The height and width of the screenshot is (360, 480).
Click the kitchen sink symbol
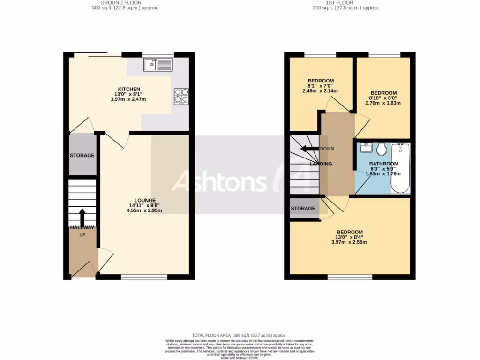point(158,65)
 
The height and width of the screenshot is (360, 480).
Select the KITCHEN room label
point(129,89)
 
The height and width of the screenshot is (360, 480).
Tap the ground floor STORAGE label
point(82,155)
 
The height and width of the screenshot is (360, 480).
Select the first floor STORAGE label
point(303,208)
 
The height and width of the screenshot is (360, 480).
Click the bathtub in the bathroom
point(400,169)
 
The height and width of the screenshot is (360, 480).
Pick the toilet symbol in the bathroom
point(382,149)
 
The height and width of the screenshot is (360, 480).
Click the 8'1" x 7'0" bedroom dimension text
point(320,86)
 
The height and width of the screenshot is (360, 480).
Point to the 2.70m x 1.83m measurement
point(383,103)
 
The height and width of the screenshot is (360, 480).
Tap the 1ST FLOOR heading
point(346,3)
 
